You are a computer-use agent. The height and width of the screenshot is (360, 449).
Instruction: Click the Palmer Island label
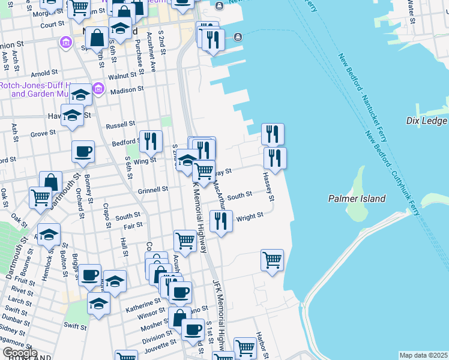click(357, 199)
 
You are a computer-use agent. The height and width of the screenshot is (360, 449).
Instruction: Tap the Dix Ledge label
click(426, 121)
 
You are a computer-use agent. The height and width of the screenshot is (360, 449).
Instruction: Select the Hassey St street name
click(268, 187)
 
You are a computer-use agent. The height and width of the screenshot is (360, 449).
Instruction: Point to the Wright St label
click(250, 217)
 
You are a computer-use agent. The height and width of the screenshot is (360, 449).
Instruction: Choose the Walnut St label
click(122, 77)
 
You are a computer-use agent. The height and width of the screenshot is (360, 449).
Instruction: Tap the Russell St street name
click(120, 125)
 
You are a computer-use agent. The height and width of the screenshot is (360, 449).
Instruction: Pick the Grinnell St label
click(152, 190)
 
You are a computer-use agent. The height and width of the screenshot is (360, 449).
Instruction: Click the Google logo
click(20, 353)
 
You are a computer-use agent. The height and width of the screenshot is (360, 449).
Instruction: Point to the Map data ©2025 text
click(423, 355)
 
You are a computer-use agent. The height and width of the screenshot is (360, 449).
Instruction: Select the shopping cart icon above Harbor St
click(272, 260)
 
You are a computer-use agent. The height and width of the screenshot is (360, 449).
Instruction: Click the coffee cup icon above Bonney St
click(83, 151)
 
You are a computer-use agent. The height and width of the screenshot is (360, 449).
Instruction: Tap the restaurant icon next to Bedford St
click(151, 142)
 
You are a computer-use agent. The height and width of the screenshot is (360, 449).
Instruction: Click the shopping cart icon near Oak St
click(40, 197)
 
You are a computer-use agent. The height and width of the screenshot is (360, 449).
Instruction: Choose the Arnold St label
click(44, 74)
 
